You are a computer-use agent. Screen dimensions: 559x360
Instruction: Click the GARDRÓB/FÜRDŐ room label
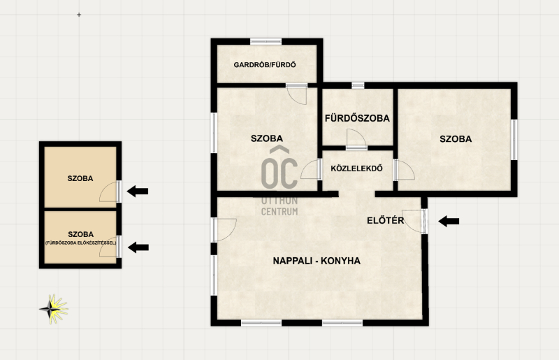[x=265, y=65]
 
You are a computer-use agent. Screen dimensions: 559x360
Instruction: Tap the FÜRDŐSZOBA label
[x=357, y=118]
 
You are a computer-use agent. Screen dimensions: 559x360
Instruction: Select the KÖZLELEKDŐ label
[x=357, y=168]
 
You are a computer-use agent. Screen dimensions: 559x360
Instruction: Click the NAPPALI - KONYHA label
[x=317, y=261]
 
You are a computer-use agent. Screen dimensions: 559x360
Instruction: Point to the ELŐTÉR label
[x=386, y=220]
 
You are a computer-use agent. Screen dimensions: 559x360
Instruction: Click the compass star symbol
[x=54, y=309]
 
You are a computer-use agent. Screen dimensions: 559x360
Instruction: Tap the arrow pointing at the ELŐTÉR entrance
[x=449, y=221]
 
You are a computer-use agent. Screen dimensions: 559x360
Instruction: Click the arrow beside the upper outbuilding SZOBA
[x=138, y=192]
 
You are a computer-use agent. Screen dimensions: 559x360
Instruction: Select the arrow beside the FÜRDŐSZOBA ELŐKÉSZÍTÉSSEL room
[x=138, y=247]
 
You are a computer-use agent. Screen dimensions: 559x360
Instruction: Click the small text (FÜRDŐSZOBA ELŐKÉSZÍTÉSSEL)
[x=80, y=243]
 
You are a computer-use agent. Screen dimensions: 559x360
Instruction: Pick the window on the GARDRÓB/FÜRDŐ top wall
[x=266, y=41]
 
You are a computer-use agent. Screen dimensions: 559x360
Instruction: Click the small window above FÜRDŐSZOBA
[x=358, y=85]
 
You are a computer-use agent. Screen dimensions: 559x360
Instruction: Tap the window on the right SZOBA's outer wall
[x=514, y=140]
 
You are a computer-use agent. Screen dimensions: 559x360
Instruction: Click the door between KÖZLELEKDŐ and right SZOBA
[x=404, y=170]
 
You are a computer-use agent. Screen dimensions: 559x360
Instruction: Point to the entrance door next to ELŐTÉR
[x=414, y=221]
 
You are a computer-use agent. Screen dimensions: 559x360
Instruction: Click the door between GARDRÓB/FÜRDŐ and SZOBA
[x=296, y=94]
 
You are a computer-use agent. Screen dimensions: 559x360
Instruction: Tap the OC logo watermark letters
[x=279, y=168]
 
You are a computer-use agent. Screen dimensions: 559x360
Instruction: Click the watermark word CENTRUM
[x=279, y=212]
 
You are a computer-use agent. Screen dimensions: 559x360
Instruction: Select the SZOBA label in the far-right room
[x=456, y=139]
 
